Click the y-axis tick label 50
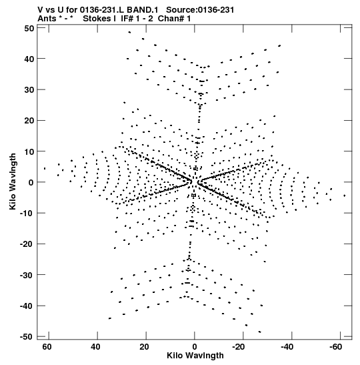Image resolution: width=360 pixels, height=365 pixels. [x=29, y=29]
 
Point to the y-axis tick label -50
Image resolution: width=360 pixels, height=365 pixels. [x=27, y=337]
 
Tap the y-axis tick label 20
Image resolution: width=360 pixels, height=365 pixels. [x=29, y=121]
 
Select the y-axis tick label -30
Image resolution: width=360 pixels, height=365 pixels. [x=27, y=275]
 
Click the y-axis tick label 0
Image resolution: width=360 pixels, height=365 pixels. [x=31, y=183]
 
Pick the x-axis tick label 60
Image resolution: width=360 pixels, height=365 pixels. [x=47, y=347]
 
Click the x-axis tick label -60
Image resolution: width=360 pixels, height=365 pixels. [x=335, y=347]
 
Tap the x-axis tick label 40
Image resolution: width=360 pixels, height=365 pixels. [x=95, y=347]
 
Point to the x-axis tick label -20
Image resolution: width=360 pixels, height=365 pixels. [x=239, y=347]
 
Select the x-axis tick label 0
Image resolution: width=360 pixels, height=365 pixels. [x=195, y=347]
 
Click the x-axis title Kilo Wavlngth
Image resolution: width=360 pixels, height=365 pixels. [x=195, y=356]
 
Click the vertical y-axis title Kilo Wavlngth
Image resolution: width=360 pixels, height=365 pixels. [x=13, y=181]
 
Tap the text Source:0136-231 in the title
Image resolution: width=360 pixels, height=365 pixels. [x=200, y=10]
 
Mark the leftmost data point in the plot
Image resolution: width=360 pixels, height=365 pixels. [x=45, y=168]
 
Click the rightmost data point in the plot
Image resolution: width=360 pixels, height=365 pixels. [x=345, y=196]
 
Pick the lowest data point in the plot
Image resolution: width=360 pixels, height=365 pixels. [x=260, y=332]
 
